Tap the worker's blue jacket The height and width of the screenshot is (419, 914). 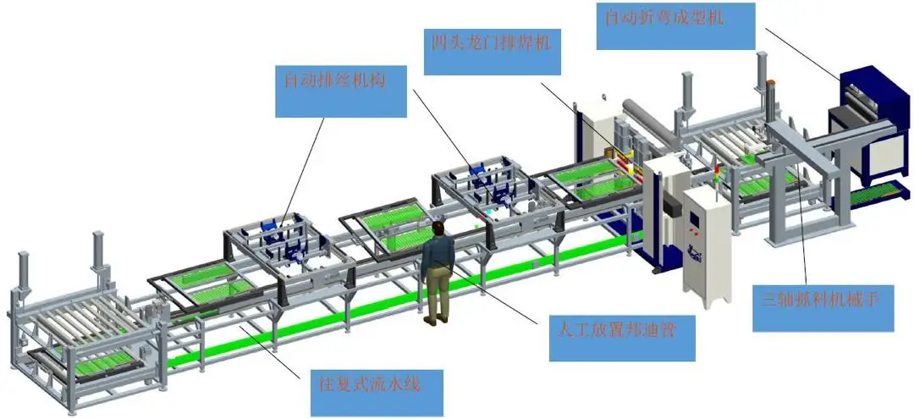tap(438, 258)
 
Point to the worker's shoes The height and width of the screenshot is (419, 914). tap(435, 320)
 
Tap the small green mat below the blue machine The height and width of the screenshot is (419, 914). tap(872, 196)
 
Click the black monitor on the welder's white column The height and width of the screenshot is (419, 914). tap(672, 206)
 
